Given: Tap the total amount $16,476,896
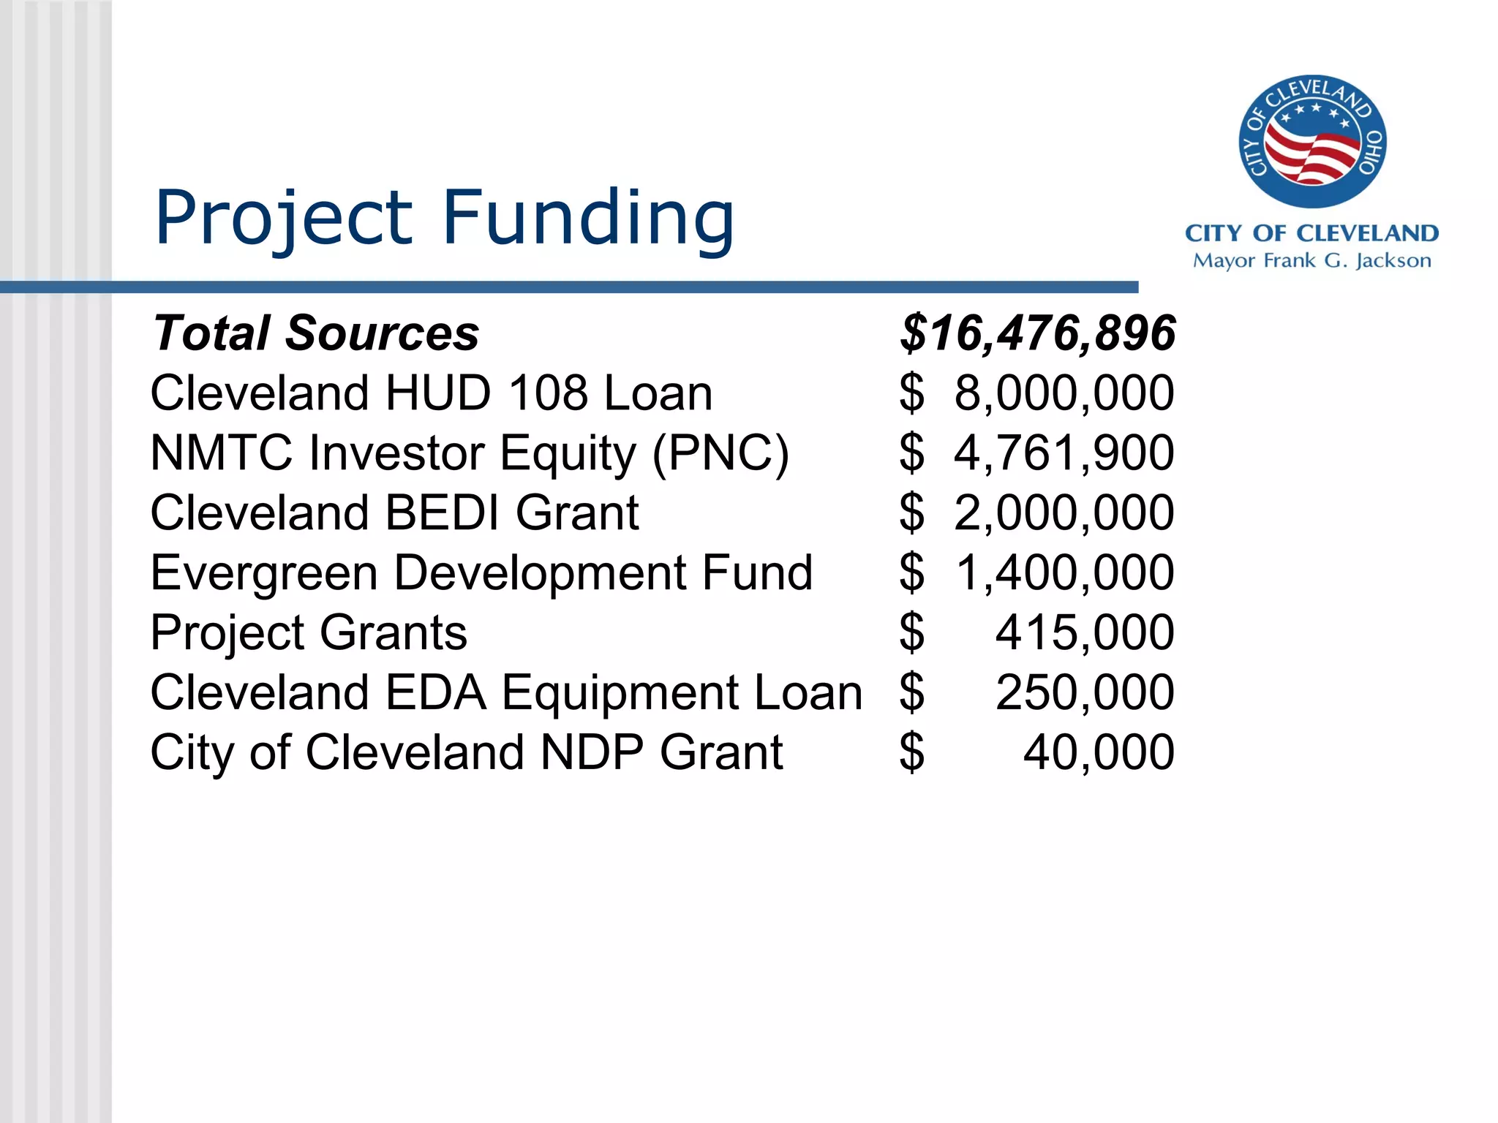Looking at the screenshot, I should [x=1038, y=333].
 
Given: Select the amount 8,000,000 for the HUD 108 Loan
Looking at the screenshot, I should [x=1064, y=393].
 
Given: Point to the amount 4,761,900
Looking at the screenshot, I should [x=1064, y=453].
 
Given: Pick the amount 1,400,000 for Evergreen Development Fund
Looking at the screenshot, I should [x=1064, y=572].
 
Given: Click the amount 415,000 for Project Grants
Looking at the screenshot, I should [x=1085, y=632].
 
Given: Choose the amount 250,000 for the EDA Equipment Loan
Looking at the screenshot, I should [x=1085, y=692].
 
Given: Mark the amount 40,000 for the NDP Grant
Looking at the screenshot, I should [x=1099, y=752].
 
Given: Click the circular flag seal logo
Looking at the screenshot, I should [x=1311, y=141].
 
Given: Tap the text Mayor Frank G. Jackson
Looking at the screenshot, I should [x=1311, y=261].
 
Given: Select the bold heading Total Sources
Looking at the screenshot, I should [x=316, y=333].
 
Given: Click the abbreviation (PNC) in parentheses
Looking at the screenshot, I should [x=720, y=453].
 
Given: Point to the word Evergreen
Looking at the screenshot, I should [x=264, y=573].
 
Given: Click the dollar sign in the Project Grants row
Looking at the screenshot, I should [x=912, y=632].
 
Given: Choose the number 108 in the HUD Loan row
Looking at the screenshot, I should [x=548, y=393].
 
